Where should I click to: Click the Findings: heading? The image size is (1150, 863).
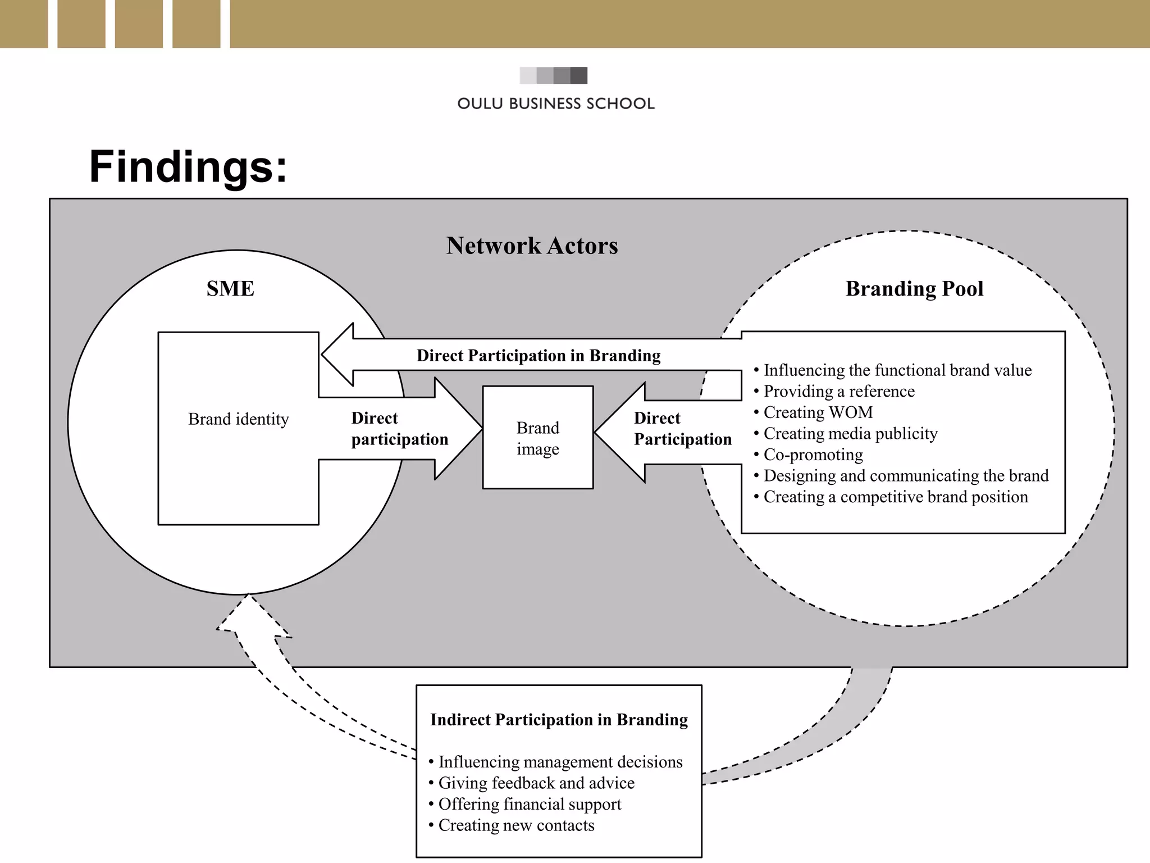pos(188,167)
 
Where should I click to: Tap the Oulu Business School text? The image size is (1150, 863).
pos(555,104)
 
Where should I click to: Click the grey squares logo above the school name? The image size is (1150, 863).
pos(553,75)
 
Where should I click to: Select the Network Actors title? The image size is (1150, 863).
pos(532,246)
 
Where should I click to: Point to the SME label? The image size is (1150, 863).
pos(230,289)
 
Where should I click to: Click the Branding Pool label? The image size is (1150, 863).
pos(914,289)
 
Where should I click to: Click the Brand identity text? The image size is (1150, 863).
pos(238,419)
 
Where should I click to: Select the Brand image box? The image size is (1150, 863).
pos(537,438)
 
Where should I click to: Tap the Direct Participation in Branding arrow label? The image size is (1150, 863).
pos(538,356)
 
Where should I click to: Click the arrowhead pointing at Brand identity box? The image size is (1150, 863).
pos(337,355)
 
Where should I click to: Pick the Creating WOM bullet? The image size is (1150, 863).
pos(818,412)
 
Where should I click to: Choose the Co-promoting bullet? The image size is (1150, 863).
pos(813,455)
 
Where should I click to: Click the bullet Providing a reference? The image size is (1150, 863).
pos(838,392)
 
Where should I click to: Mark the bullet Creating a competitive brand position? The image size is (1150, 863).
pos(895,497)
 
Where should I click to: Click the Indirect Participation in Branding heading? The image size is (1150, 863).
pos(559,720)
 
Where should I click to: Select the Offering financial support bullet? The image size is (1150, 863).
pos(529,804)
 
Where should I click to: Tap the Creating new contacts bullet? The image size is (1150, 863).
pos(515,825)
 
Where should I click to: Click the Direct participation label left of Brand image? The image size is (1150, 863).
pos(399,429)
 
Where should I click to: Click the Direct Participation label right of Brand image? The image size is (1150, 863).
pos(682,429)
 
